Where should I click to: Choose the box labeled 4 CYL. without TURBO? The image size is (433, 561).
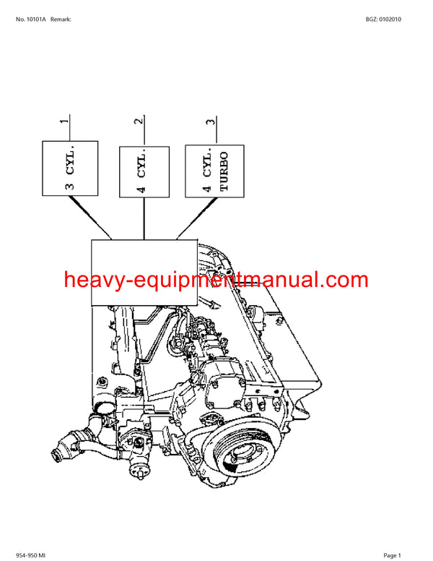pyautogui.click(x=144, y=171)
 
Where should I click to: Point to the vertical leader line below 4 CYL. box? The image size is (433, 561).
pyautogui.click(x=144, y=218)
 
